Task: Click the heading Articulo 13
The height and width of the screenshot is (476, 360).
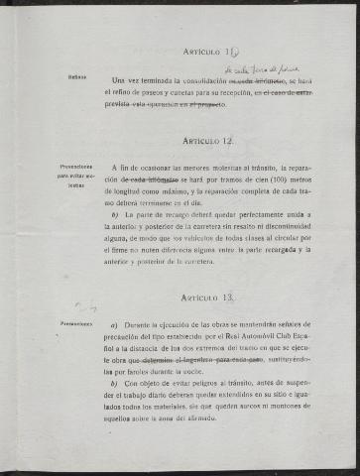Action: pos(207,297)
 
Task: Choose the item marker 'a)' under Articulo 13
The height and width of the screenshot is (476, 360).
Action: pos(115,324)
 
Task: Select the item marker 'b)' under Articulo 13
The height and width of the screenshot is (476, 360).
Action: pos(115,383)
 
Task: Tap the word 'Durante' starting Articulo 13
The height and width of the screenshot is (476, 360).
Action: pos(143,324)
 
